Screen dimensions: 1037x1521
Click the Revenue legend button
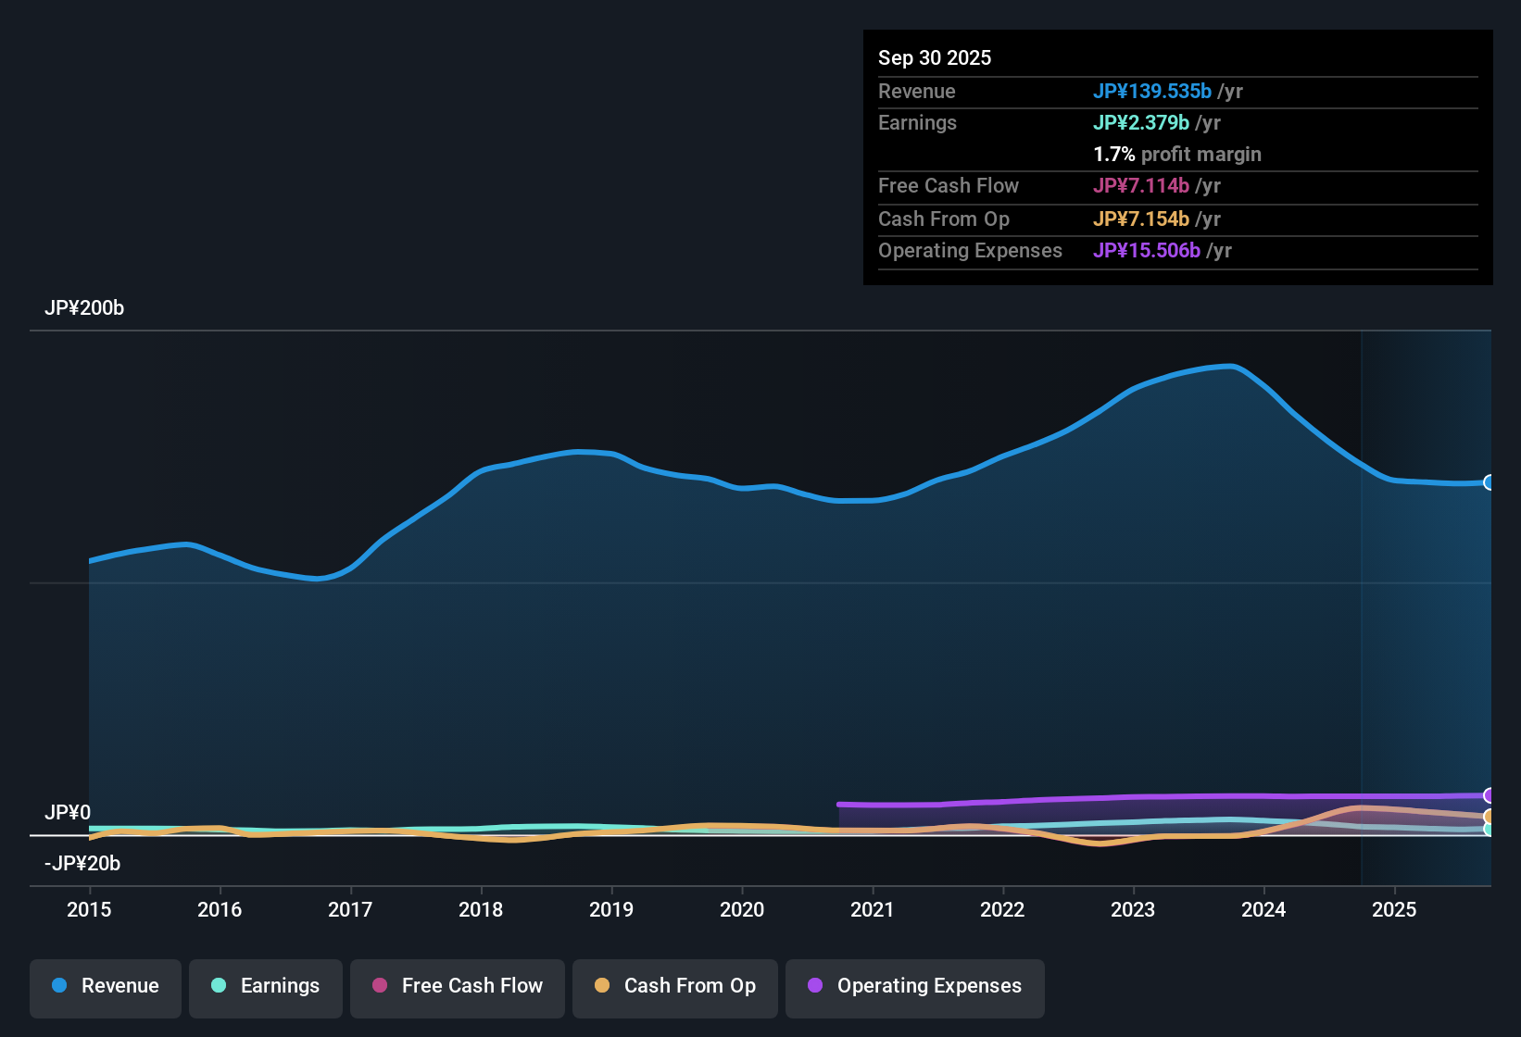click(x=106, y=986)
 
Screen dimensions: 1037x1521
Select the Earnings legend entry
click(x=266, y=986)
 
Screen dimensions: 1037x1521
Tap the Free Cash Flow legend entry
click(x=458, y=986)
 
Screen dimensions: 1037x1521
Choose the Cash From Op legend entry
click(x=675, y=986)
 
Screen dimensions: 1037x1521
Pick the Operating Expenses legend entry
click(x=915, y=986)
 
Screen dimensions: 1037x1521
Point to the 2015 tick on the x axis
click(x=89, y=909)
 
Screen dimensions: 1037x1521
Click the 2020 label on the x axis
click(x=742, y=909)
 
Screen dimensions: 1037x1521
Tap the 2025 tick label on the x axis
click(x=1394, y=909)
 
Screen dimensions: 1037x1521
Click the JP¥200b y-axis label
click(x=84, y=308)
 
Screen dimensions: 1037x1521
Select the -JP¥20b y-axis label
click(x=82, y=864)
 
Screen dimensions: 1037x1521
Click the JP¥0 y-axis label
click(x=68, y=813)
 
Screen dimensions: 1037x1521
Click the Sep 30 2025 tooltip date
click(x=935, y=58)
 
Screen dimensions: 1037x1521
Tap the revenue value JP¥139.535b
click(x=1152, y=92)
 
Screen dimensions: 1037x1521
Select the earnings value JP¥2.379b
click(x=1141, y=123)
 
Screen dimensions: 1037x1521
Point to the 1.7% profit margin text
click(x=1177, y=155)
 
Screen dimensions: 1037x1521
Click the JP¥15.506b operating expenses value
click(x=1147, y=251)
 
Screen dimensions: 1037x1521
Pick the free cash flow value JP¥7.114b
click(x=1141, y=186)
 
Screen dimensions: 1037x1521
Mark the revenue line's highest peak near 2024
click(x=1230, y=367)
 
